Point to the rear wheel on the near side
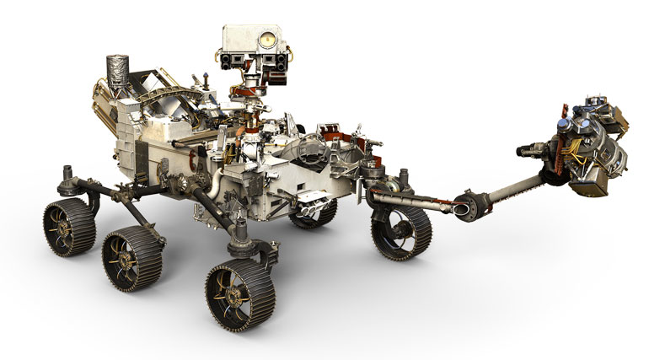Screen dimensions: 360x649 [69, 226]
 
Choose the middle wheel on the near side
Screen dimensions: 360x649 [132, 256]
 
